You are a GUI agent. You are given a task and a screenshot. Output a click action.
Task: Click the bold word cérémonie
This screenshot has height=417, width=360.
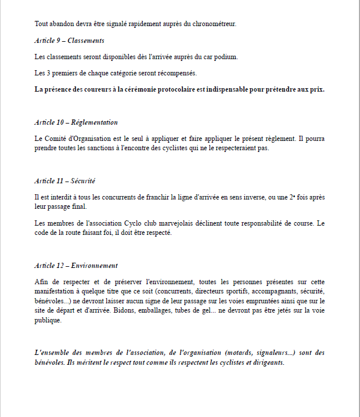[x=154, y=89]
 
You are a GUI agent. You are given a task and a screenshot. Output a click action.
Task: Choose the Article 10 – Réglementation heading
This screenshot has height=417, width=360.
[x=76, y=122]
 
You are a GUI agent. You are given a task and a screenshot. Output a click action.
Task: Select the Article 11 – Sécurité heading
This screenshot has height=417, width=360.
[x=65, y=181]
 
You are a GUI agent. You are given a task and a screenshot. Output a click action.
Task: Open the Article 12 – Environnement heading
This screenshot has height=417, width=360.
[x=76, y=266]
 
